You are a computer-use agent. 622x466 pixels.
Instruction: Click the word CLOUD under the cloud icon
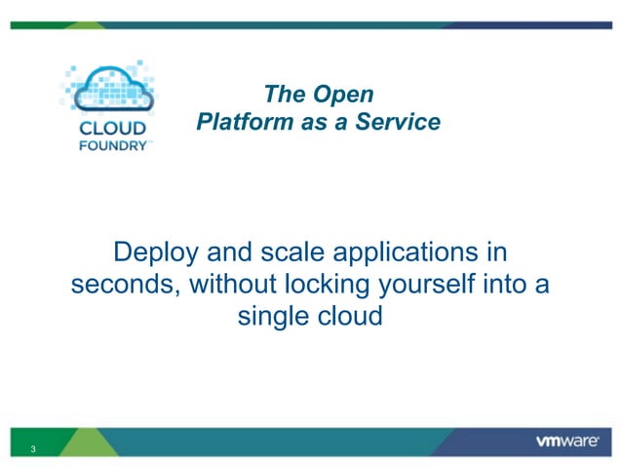(x=112, y=129)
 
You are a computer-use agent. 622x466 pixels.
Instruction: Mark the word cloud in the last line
(x=351, y=317)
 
